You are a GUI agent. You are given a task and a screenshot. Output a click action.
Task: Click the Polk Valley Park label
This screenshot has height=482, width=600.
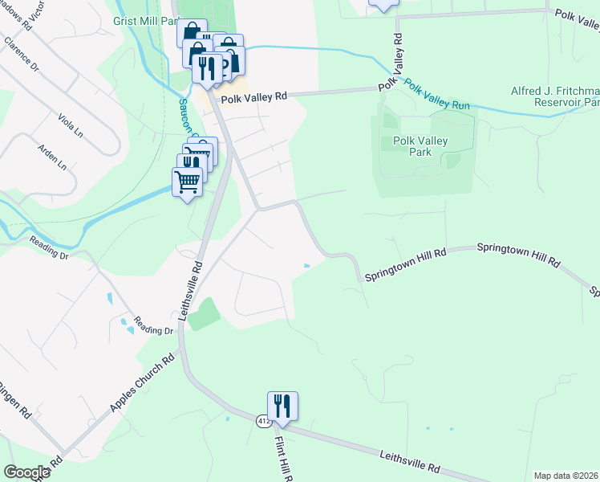pyautogui.click(x=420, y=146)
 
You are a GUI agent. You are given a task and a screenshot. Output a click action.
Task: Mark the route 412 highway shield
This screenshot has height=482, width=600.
pyautogui.click(x=263, y=421)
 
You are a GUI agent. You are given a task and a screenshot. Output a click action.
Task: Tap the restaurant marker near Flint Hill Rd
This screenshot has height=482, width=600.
pyautogui.click(x=282, y=406)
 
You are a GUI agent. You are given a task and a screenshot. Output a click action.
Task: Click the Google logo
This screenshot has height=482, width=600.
pyautogui.click(x=26, y=472)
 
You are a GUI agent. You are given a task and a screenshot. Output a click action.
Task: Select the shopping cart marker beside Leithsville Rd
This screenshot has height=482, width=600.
pyautogui.click(x=188, y=183)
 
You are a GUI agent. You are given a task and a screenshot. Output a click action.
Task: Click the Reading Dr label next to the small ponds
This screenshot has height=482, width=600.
pyautogui.click(x=154, y=325)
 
